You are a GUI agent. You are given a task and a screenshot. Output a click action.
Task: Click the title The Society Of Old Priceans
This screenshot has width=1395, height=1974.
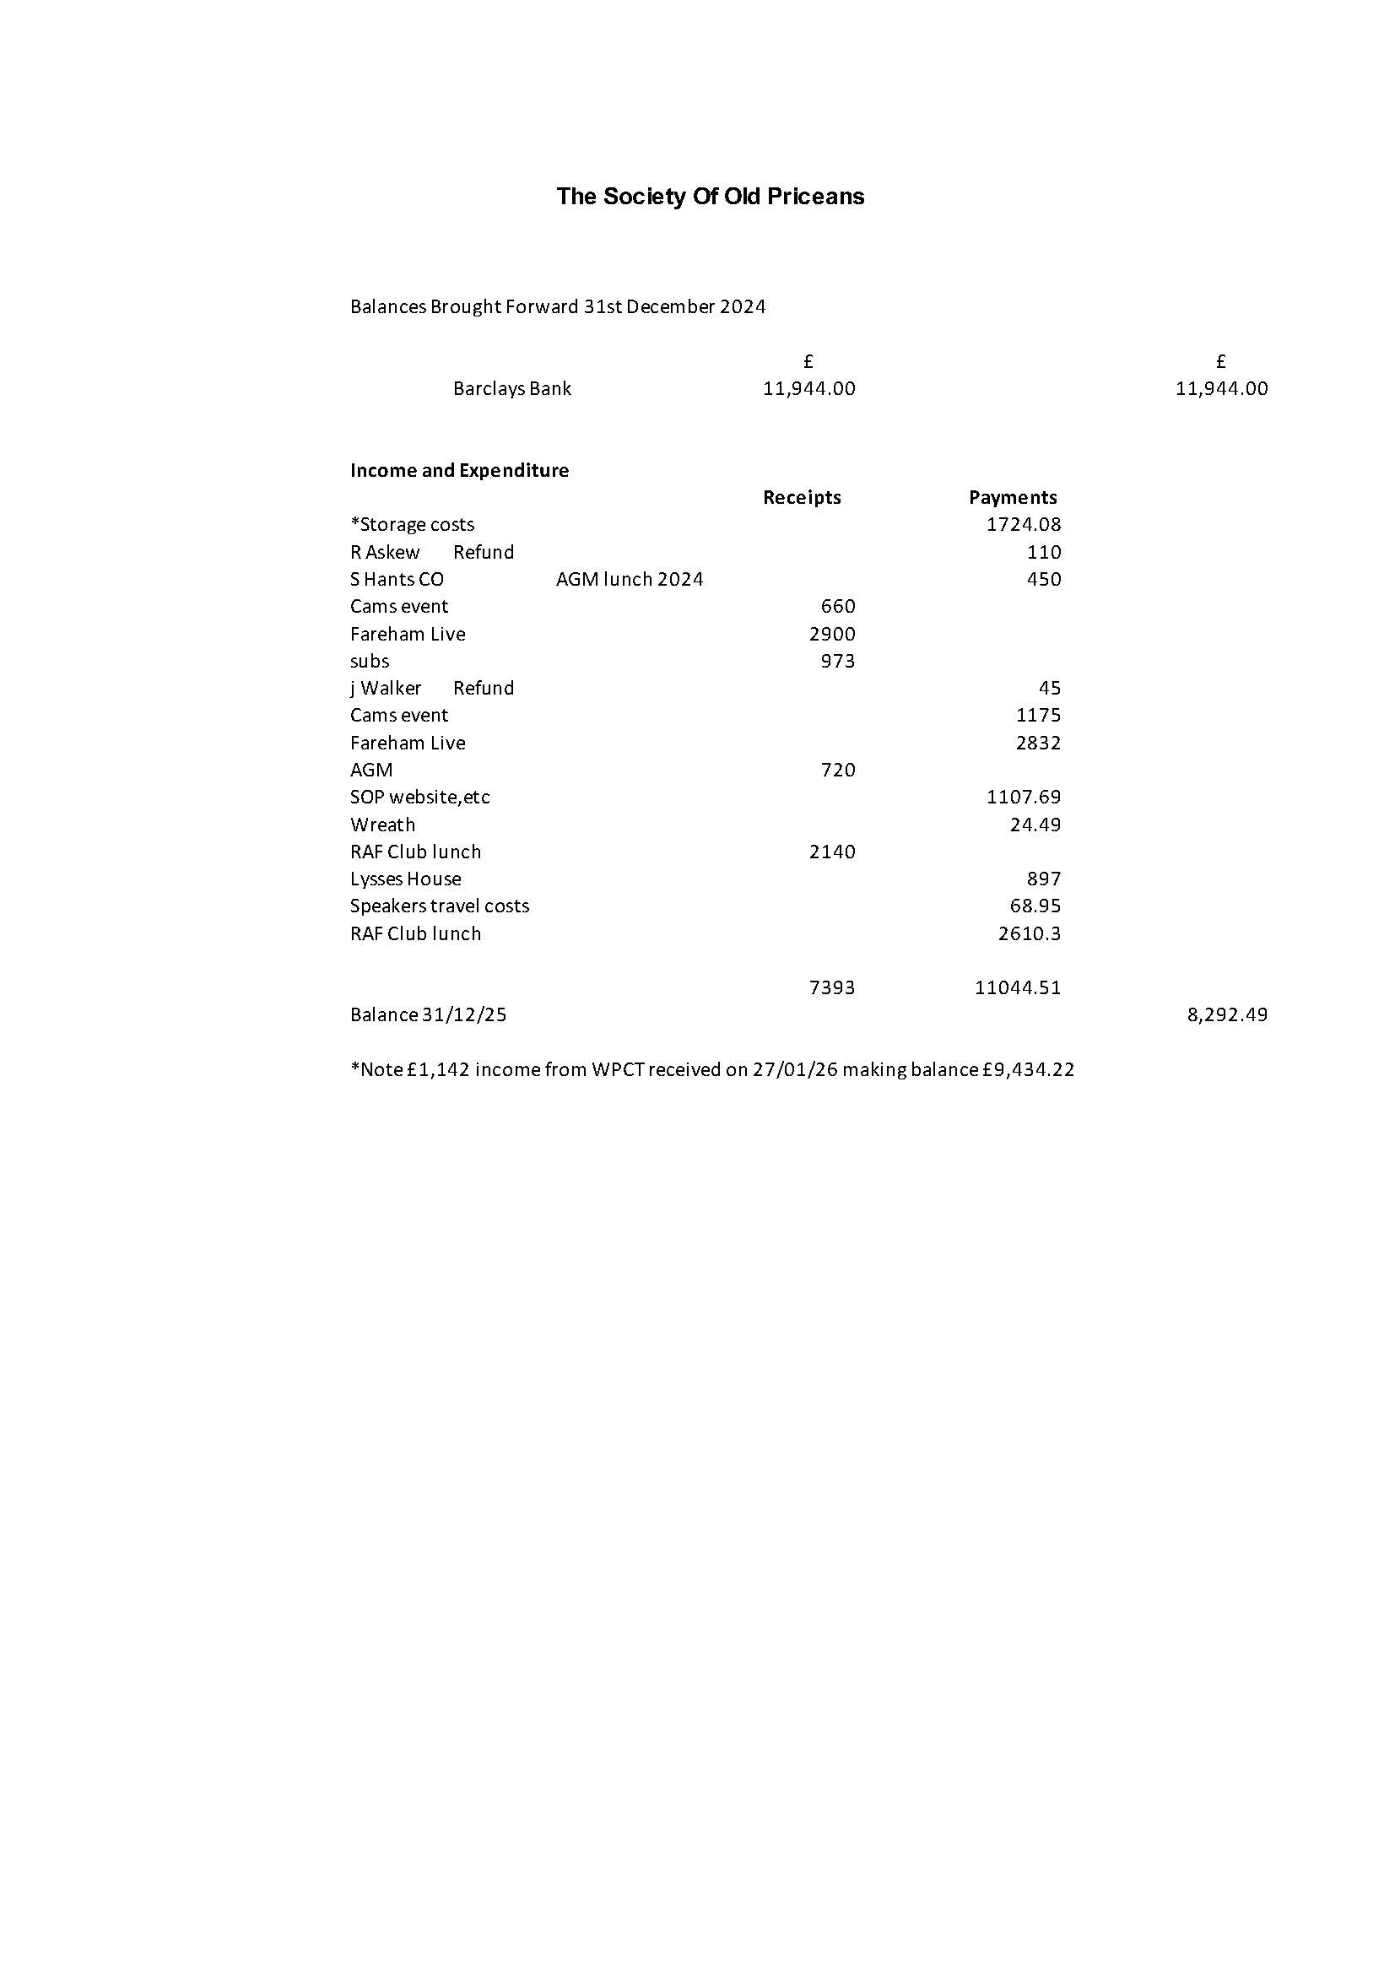(710, 197)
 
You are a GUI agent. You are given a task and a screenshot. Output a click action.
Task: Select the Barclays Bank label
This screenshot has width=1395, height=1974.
(511, 388)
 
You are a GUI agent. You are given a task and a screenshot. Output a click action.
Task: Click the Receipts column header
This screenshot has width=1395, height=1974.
(801, 498)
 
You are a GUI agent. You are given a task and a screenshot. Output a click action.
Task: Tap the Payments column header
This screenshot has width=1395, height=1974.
(1012, 498)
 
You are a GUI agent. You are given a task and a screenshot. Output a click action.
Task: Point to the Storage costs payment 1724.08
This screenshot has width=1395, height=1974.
(1023, 524)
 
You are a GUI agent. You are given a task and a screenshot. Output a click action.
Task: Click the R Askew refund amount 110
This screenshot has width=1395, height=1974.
(1043, 552)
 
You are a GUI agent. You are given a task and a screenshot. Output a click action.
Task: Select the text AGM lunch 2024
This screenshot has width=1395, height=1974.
(630, 580)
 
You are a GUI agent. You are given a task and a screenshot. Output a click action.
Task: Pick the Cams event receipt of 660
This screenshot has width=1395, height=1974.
(837, 606)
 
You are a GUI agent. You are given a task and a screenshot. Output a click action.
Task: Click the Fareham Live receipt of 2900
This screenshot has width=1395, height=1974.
(832, 634)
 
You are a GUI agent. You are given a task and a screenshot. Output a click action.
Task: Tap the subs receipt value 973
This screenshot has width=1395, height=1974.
(837, 661)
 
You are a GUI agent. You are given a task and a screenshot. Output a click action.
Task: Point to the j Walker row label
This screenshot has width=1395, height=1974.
(386, 688)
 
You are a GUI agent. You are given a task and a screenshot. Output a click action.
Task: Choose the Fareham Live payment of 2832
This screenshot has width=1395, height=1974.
(1037, 743)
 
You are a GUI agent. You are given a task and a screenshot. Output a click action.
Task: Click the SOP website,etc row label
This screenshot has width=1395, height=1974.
(419, 797)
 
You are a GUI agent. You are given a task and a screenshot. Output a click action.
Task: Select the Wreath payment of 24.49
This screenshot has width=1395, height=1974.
(1035, 825)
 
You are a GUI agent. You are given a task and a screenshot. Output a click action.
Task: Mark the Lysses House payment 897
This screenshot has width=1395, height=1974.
(1043, 879)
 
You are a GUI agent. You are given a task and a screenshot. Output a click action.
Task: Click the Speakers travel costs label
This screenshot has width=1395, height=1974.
(439, 906)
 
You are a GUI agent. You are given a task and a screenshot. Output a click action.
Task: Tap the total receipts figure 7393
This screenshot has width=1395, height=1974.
(832, 988)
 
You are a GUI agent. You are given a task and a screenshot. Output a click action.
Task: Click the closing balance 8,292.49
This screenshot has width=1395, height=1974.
(1226, 1015)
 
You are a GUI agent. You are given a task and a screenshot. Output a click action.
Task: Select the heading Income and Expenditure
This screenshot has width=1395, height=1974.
(459, 470)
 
